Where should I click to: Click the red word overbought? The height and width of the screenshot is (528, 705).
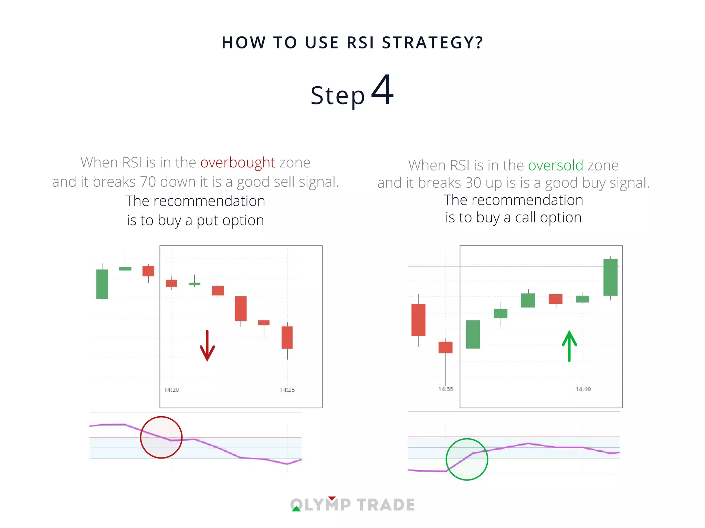238,163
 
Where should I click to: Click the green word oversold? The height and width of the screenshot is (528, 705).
556,165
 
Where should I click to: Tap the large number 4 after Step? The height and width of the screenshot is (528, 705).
382,90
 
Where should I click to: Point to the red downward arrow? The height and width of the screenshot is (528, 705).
207,346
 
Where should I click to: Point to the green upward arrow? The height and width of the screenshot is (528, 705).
569,346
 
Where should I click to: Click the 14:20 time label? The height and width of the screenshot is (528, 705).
171,390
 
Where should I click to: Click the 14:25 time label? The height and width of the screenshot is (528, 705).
287,390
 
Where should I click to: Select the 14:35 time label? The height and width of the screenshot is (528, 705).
445,389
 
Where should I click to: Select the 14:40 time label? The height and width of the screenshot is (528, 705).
583,389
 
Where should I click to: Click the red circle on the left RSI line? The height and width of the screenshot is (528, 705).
161,437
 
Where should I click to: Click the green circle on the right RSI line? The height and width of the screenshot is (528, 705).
467,459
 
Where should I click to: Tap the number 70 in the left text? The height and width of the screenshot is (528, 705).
148,182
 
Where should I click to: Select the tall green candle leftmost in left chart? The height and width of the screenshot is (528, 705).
102,284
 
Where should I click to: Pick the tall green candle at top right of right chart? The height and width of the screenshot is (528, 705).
610,277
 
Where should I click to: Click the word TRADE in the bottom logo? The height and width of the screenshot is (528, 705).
386,505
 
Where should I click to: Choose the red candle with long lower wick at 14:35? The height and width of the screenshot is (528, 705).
445,347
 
